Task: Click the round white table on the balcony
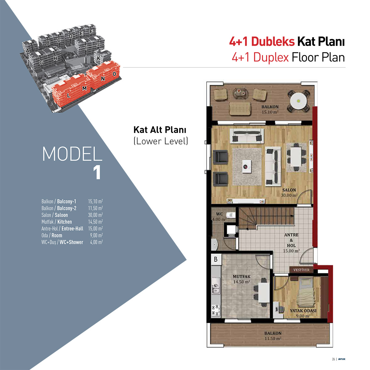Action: [x=298, y=101]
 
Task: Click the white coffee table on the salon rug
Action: [x=247, y=166]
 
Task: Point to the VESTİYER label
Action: [x=301, y=270]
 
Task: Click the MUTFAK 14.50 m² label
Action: [x=241, y=279]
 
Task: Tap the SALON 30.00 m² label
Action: [x=289, y=193]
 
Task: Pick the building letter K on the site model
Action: [x=98, y=58]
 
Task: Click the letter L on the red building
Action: [x=68, y=95]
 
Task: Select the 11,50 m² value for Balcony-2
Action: [x=95, y=208]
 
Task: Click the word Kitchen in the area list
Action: [x=64, y=222]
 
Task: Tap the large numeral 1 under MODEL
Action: [x=97, y=173]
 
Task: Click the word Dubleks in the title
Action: [x=273, y=42]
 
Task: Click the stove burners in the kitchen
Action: [x=216, y=311]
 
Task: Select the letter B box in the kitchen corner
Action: [x=216, y=259]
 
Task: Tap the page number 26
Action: [x=334, y=359]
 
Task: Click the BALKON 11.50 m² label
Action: [x=273, y=336]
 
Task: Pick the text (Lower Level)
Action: [x=161, y=141]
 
